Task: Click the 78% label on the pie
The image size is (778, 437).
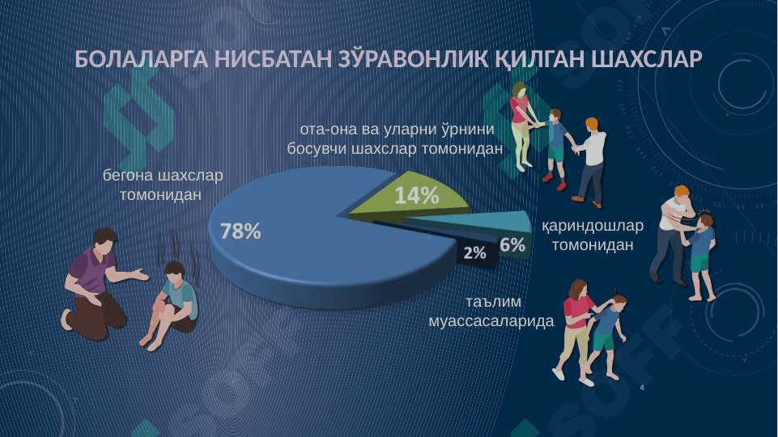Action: (x=240, y=231)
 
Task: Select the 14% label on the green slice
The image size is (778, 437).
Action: (x=417, y=195)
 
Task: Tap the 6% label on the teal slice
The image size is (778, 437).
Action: (x=512, y=244)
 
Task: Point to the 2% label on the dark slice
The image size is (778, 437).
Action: (x=475, y=253)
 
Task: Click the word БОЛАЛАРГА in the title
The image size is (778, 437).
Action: (x=142, y=59)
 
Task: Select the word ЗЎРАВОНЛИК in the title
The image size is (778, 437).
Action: (x=414, y=59)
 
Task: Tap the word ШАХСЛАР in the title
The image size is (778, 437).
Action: (x=647, y=59)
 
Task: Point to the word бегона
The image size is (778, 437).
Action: (x=128, y=176)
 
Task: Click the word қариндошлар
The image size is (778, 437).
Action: (x=593, y=226)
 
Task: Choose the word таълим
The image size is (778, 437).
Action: (x=493, y=302)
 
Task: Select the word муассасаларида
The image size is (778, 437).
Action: (x=491, y=321)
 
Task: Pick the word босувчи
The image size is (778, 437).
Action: (x=317, y=149)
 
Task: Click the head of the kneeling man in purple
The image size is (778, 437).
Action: (x=105, y=240)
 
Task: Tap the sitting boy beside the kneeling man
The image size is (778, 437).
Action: (x=171, y=304)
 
